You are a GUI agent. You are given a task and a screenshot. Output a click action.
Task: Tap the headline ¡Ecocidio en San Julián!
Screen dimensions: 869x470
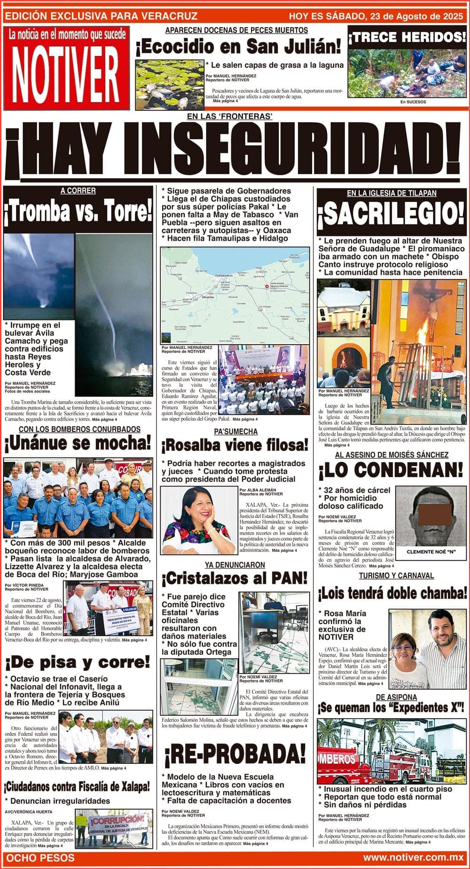click(238, 47)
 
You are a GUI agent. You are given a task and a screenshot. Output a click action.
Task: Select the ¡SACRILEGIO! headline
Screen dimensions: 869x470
click(391, 214)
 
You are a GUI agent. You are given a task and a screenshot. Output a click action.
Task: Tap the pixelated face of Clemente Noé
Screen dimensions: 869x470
click(428, 513)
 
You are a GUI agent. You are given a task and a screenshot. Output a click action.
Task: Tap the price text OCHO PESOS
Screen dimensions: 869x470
click(40, 858)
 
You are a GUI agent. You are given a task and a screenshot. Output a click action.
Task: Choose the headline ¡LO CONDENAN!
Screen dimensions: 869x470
click(391, 470)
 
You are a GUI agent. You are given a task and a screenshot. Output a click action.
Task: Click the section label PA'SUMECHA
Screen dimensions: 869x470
click(235, 431)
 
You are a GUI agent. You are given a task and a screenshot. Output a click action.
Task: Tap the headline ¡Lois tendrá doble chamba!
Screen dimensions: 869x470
click(392, 593)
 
